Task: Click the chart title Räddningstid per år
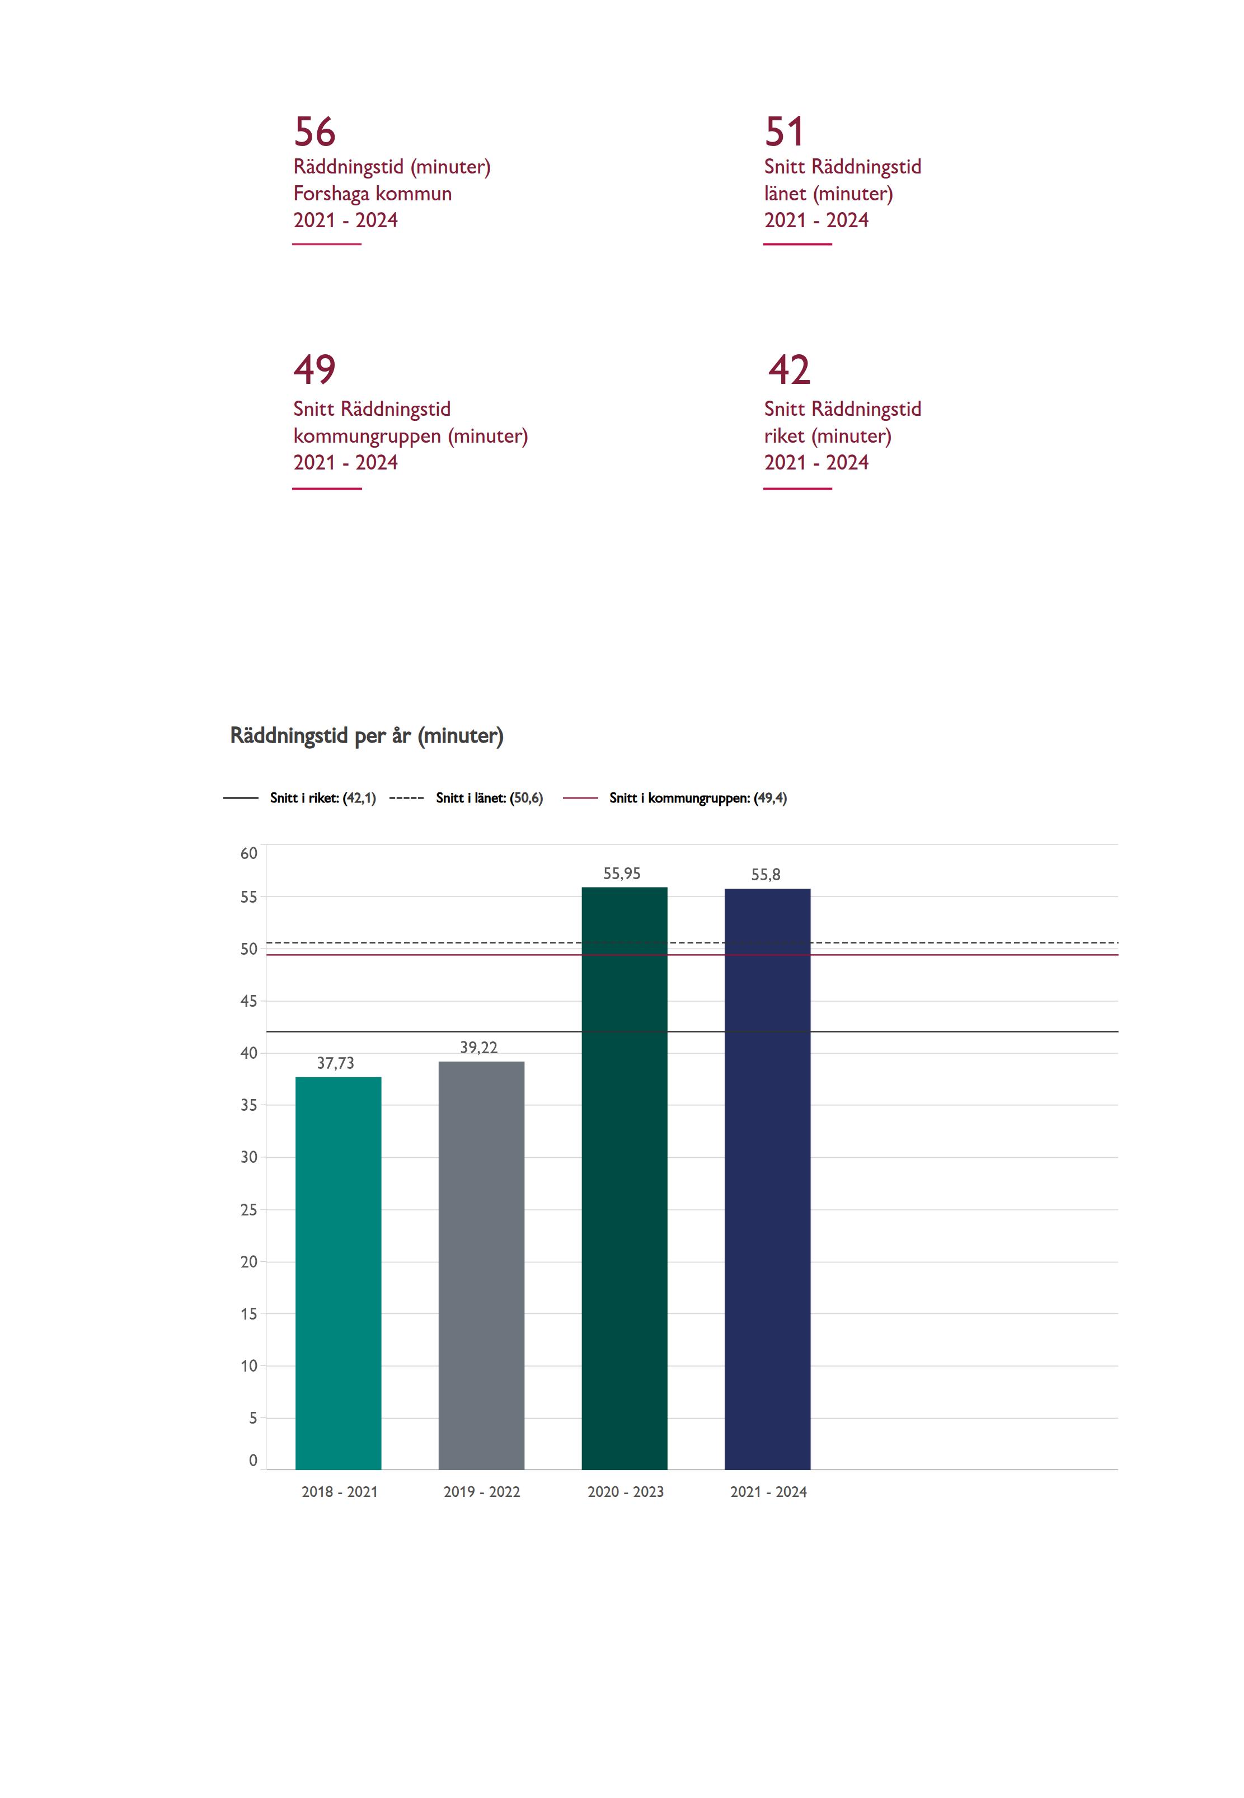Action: [x=367, y=736]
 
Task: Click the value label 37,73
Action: [x=335, y=1063]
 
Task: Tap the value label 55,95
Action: [x=622, y=874]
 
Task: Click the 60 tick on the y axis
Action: [x=248, y=853]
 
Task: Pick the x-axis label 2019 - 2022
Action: [x=482, y=1492]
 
